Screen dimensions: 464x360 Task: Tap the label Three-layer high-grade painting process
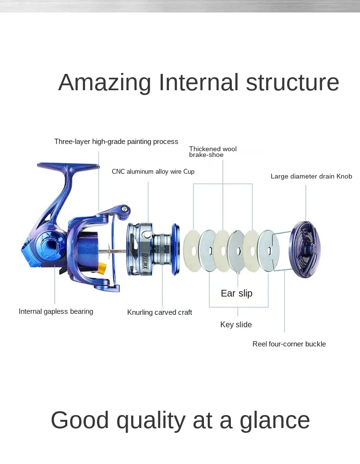click(116, 142)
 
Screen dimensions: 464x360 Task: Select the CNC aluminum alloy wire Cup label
click(153, 171)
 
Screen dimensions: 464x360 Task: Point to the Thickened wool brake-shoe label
click(213, 152)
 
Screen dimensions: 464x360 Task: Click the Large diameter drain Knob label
click(311, 176)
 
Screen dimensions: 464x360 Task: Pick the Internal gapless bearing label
click(56, 311)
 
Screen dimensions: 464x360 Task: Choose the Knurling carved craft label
click(159, 312)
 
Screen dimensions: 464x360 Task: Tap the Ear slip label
click(236, 293)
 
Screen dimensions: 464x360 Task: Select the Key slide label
click(236, 325)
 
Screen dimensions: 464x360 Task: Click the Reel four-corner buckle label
click(289, 344)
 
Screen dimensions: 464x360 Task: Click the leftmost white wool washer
click(192, 250)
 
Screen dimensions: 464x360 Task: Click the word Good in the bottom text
click(80, 420)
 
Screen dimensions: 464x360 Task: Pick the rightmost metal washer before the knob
click(268, 250)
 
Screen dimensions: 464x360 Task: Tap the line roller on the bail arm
click(125, 209)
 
